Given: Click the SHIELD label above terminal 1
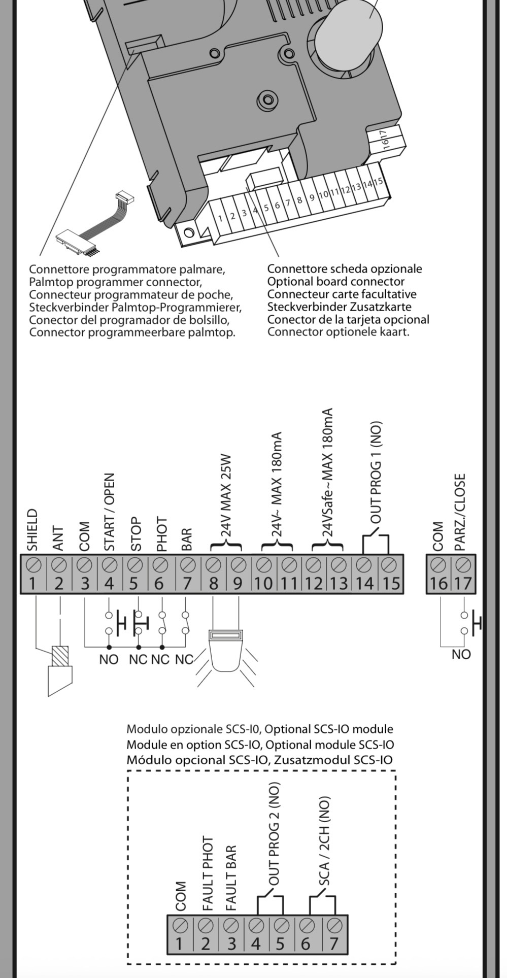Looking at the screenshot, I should tap(32, 530).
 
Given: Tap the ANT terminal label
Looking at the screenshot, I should tap(59, 538).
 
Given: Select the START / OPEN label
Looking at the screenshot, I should tap(109, 512).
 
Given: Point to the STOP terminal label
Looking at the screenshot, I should tap(135, 534).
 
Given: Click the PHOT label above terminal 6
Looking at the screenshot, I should tap(161, 533).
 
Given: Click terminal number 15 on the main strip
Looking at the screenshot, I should tap(391, 583).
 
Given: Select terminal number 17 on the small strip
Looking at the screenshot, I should tap(462, 583).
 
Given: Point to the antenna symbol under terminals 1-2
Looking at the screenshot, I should tap(60, 670).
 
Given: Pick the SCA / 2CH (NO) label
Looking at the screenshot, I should tap(324, 841).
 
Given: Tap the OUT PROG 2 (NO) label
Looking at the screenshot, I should tap(274, 834).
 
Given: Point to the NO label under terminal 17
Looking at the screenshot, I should tap(461, 654).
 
